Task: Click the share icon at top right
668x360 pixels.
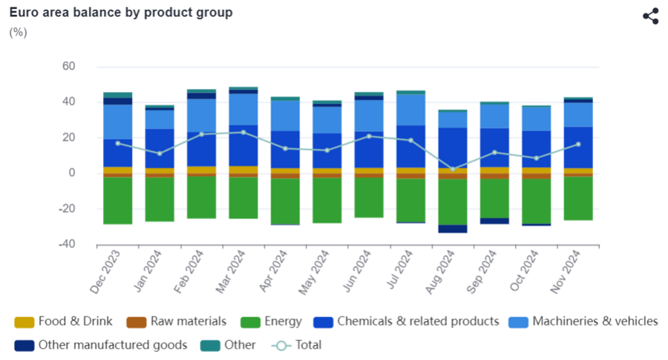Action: tap(650, 16)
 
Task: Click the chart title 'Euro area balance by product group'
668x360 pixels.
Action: tap(121, 13)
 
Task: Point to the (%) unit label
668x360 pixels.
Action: tap(19, 33)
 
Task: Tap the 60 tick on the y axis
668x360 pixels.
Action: tap(69, 66)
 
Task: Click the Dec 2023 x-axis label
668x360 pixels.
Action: tap(109, 273)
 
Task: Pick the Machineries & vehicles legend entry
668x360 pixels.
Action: tap(583, 321)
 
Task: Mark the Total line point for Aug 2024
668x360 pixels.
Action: tap(453, 169)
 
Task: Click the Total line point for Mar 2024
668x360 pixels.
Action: tap(243, 132)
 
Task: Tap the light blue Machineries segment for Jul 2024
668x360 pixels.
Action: tap(410, 109)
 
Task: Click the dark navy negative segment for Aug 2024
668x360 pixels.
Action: tap(453, 229)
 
